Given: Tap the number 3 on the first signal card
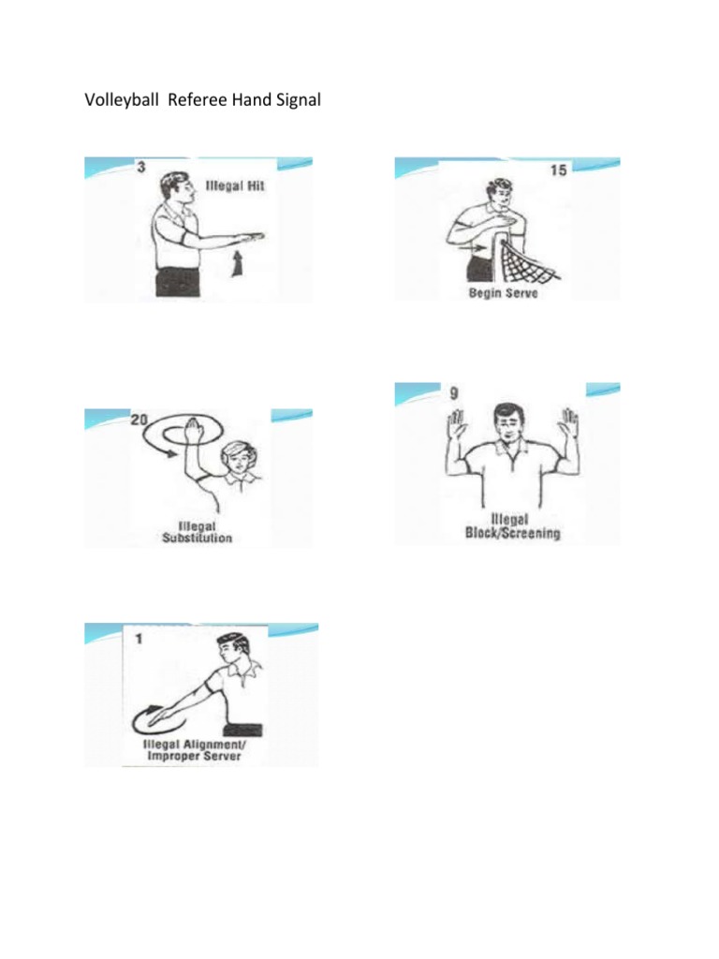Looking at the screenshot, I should click(x=139, y=168).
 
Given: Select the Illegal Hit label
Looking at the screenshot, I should click(x=235, y=185).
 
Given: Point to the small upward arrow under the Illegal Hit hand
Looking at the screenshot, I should click(x=236, y=267).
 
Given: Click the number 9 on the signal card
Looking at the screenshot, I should click(x=454, y=394).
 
